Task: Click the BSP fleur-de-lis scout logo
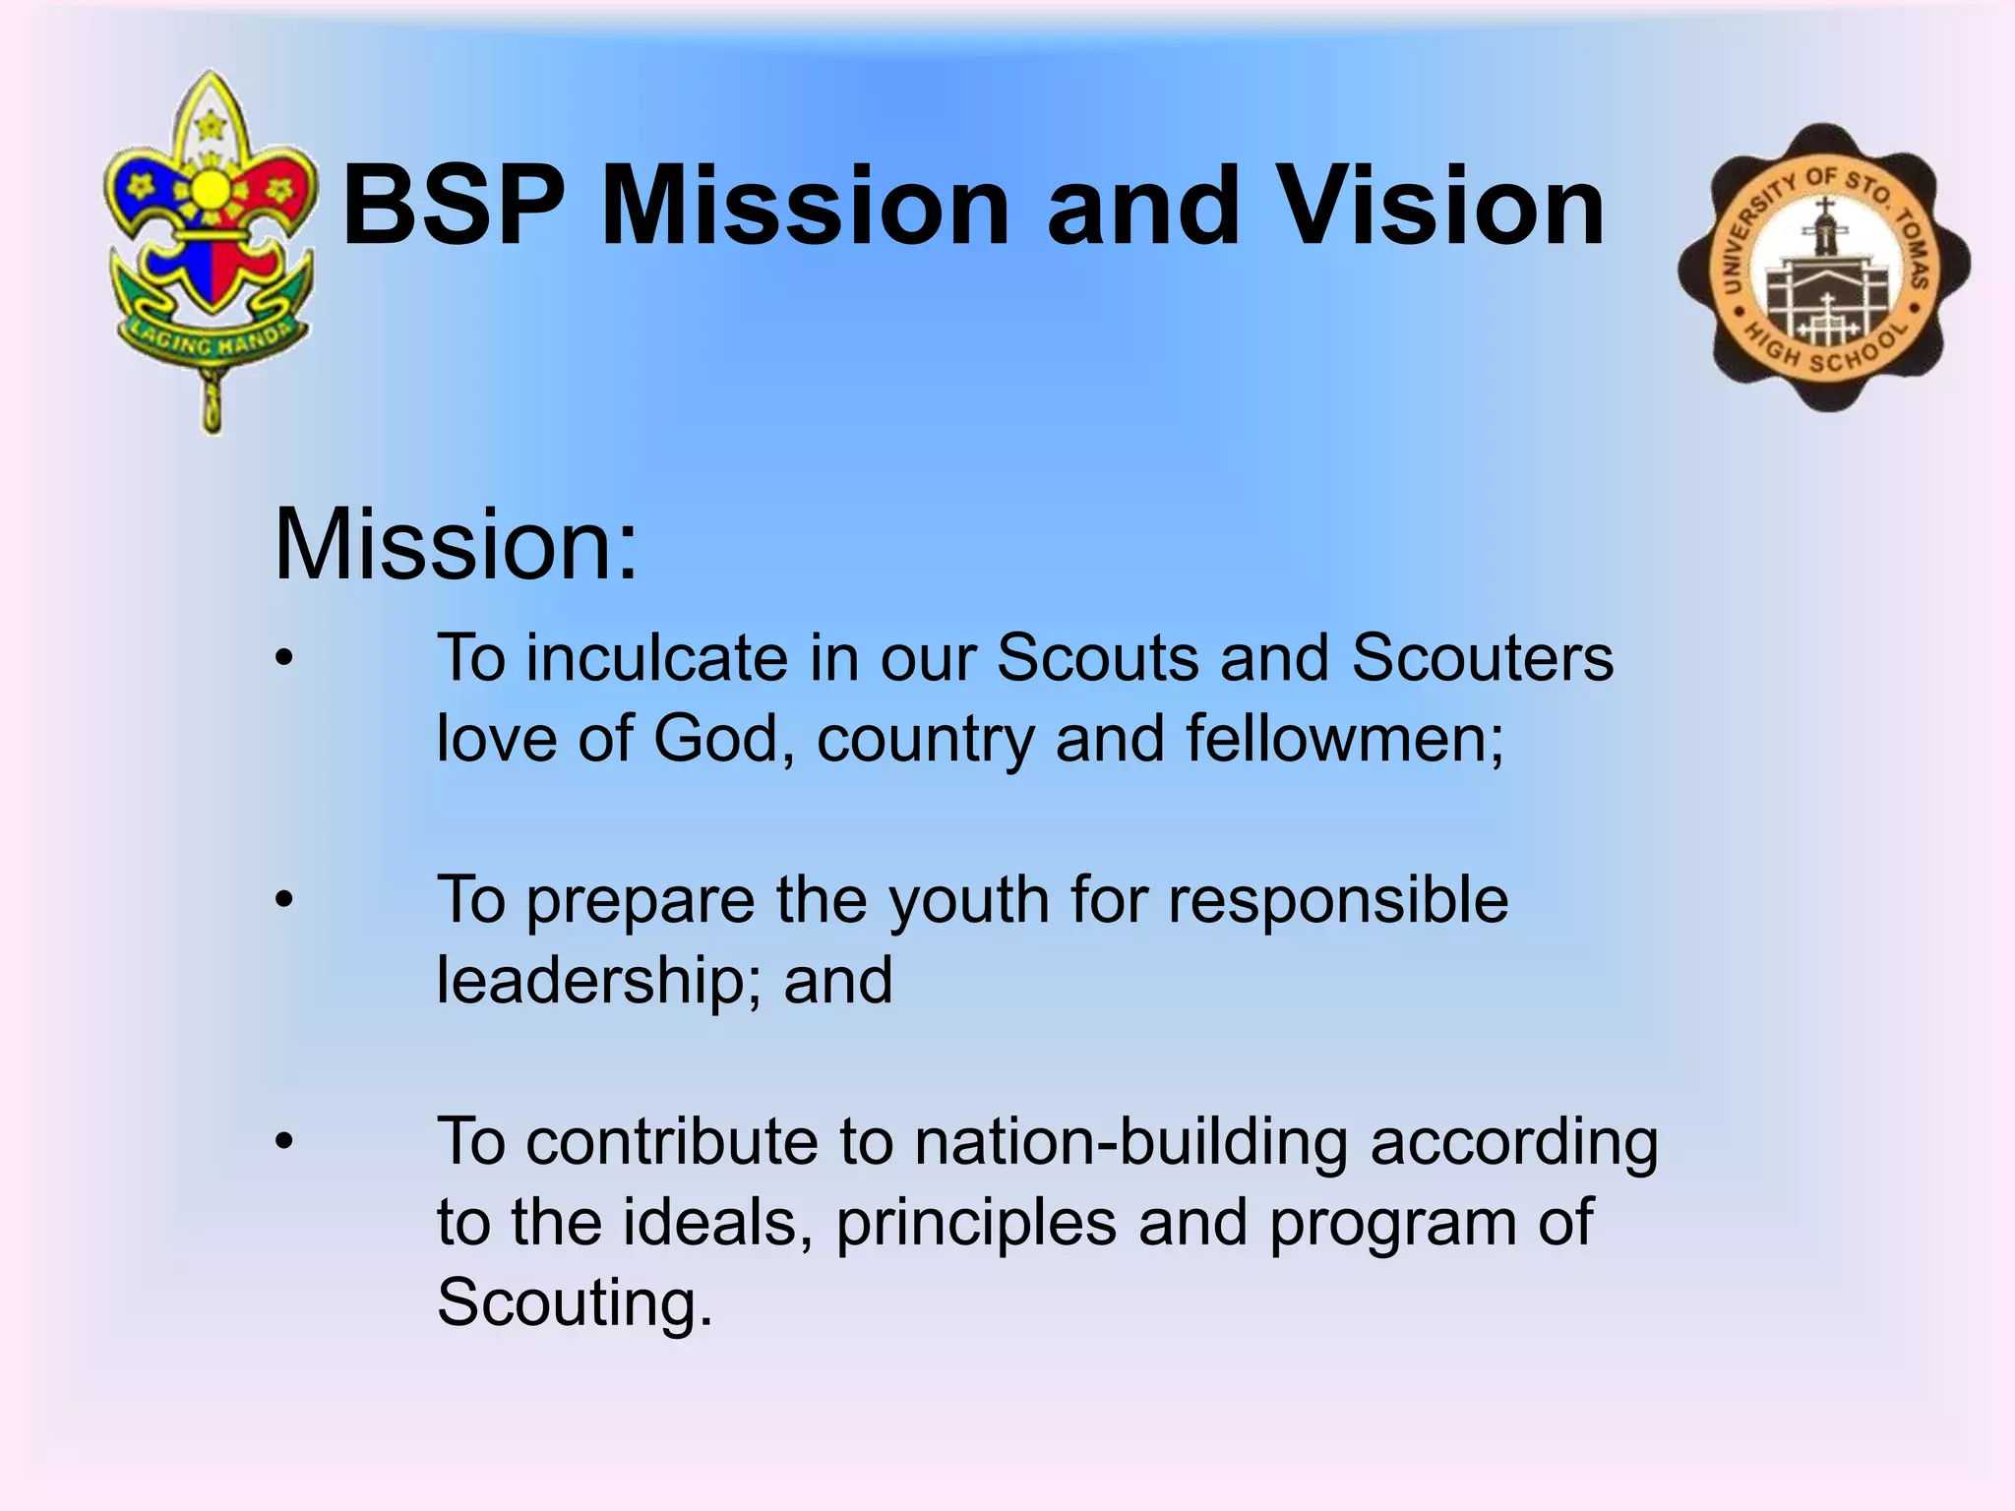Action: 211,246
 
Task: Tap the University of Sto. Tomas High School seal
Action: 1824,268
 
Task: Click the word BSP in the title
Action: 454,207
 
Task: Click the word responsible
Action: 1337,901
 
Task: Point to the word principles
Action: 976,1223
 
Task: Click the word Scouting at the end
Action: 574,1302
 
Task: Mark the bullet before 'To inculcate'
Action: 284,658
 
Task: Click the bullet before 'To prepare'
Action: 284,900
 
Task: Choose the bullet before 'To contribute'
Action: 284,1141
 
